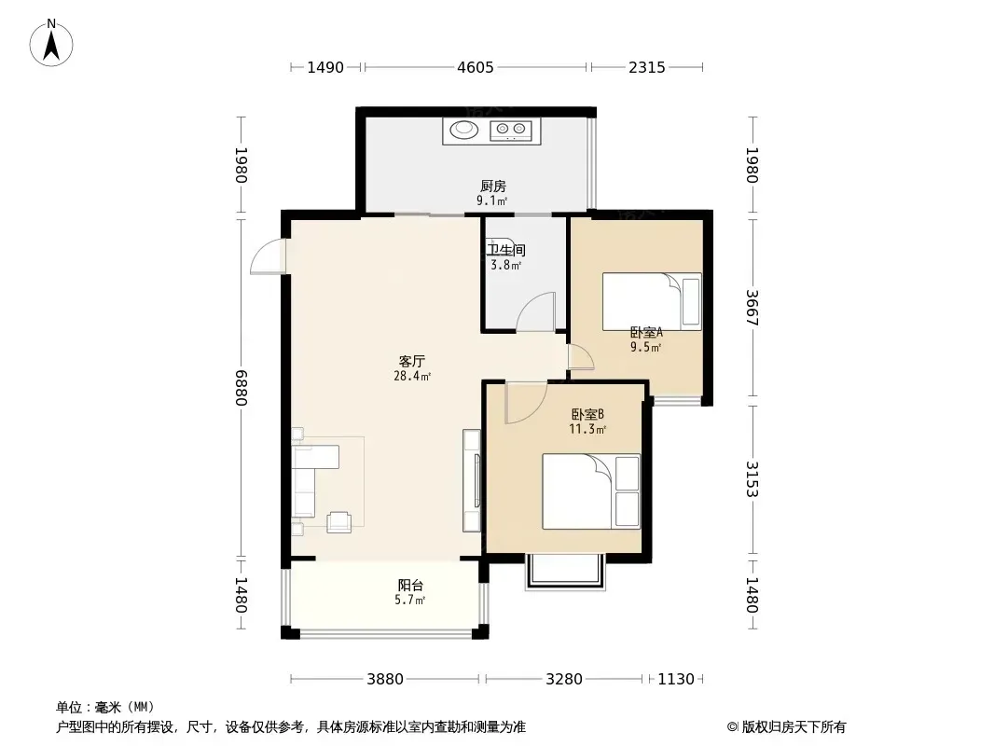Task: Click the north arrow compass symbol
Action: click(51, 43)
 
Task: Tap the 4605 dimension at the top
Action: click(476, 67)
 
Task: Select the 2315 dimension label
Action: click(647, 67)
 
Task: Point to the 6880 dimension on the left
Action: click(241, 388)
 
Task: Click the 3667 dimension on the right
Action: click(752, 308)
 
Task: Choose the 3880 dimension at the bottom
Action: click(385, 680)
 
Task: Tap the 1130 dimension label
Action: click(676, 680)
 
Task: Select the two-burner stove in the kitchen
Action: click(510, 130)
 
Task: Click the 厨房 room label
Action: click(492, 186)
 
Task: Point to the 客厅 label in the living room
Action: click(411, 361)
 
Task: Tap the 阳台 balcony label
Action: click(410, 585)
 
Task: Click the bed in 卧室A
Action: click(652, 302)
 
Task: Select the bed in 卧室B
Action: click(591, 491)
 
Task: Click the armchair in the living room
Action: click(339, 521)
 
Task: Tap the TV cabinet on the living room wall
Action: click(472, 480)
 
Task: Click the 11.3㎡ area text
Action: click(587, 429)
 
